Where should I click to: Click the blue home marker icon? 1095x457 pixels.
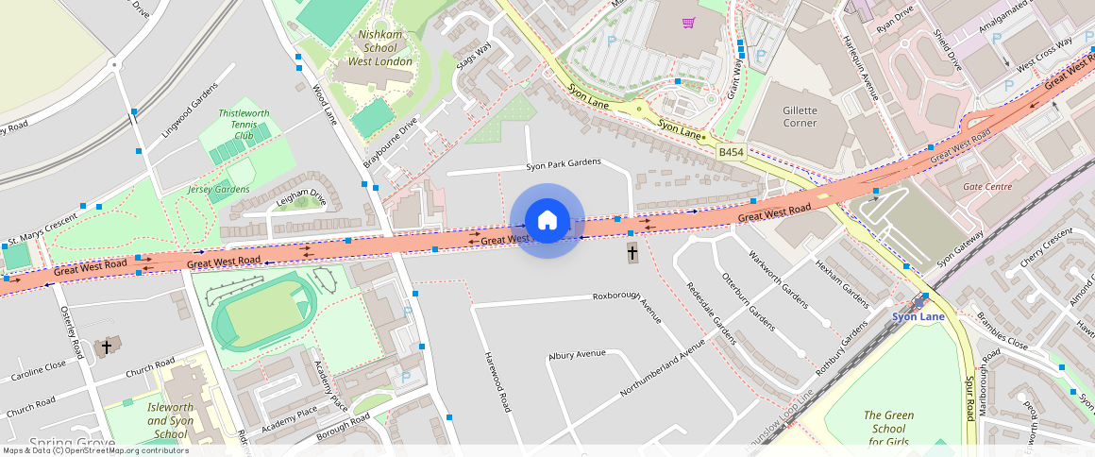(x=547, y=221)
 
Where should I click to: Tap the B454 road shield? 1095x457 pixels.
(x=731, y=151)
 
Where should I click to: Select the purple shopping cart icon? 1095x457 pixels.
(x=689, y=23)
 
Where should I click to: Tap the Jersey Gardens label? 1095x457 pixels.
(x=218, y=189)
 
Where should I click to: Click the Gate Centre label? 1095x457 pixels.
(x=986, y=187)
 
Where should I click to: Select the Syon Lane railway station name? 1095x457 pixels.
(x=918, y=317)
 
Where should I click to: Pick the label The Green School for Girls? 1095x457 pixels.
(x=888, y=428)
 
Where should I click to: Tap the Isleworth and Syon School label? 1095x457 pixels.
(x=170, y=420)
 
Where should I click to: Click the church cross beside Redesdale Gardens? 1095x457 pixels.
(x=632, y=252)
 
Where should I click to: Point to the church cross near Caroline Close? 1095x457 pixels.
(x=107, y=347)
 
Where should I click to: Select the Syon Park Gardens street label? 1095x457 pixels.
(x=563, y=163)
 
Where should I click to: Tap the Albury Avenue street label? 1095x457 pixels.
(x=577, y=354)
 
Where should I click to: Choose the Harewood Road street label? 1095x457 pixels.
(x=497, y=381)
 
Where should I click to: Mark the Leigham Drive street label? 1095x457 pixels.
(x=301, y=199)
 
